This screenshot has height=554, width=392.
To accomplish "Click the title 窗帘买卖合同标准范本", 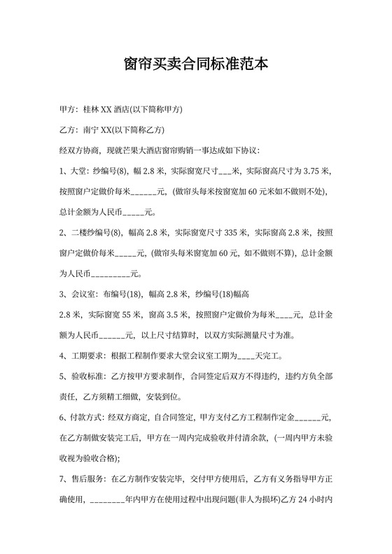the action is (195, 64).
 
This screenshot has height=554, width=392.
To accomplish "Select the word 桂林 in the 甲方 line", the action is (92, 110).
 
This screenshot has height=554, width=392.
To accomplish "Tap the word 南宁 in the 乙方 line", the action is (92, 130).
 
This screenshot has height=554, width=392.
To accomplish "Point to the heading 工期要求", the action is (89, 355).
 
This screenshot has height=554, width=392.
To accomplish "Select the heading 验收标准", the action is (89, 376).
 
